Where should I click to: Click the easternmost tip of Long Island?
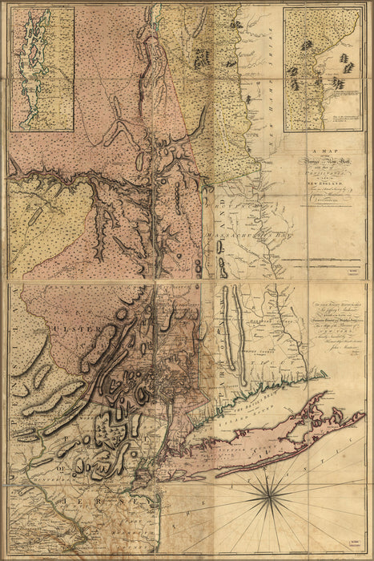point(364,414)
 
